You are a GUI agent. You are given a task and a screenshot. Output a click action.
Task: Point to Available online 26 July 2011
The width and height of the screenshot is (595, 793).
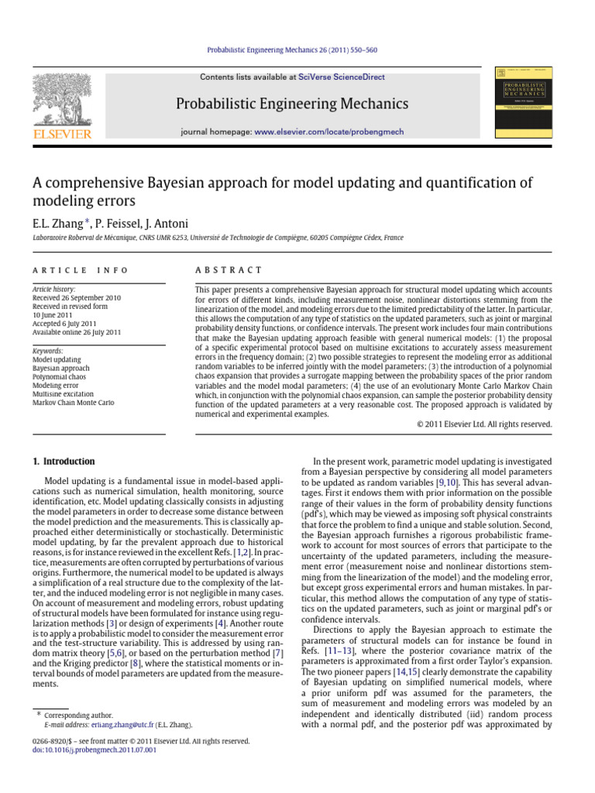pyautogui.click(x=77, y=331)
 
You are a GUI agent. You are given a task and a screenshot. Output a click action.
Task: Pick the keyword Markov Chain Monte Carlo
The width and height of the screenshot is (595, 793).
pyautogui.click(x=73, y=403)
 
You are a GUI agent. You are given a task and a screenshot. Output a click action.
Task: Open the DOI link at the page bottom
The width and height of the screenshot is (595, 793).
pyautogui.click(x=84, y=750)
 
